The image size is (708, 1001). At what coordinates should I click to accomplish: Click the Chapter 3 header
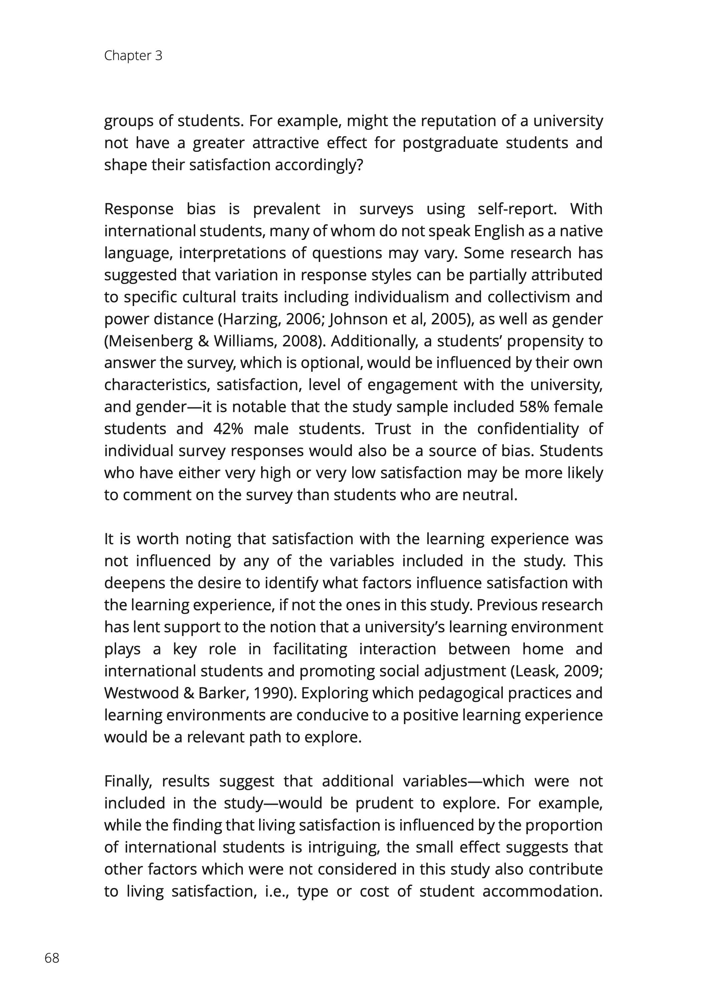point(133,56)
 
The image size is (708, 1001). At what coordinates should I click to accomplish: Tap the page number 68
point(52,958)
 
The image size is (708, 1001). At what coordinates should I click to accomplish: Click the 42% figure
point(228,429)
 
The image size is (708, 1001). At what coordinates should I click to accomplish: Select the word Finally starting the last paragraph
point(128,781)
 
